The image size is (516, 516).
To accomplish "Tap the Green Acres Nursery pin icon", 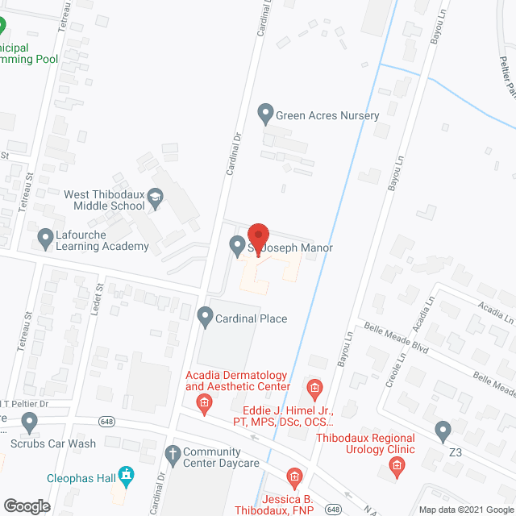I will coord(265,115).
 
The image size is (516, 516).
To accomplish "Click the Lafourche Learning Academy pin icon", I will coord(45,238).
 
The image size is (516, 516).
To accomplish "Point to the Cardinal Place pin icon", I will coord(205,318).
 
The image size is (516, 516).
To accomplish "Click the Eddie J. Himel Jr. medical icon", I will coord(315,391).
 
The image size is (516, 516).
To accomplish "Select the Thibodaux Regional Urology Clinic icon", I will coord(396,464).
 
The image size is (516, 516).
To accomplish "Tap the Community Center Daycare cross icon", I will coord(172,454).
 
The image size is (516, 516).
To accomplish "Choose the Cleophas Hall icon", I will coord(125,475).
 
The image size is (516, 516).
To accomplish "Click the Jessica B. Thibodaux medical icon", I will coord(293,476).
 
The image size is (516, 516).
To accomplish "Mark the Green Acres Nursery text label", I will coord(327,115).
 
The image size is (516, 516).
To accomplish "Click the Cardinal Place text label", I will coord(251,318).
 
